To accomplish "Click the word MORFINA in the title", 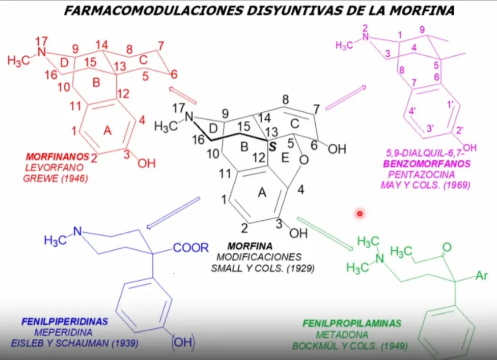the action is (x=422, y=10).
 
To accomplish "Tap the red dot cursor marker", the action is (x=360, y=214).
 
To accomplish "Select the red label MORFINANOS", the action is (x=58, y=156).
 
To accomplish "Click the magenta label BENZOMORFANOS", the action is (x=427, y=164).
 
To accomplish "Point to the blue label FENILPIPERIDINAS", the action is (x=64, y=322).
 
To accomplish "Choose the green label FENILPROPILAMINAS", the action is (x=352, y=323).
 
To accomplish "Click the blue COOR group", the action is (x=191, y=248).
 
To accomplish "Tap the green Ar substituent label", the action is (x=482, y=276).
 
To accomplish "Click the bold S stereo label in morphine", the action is (x=272, y=147).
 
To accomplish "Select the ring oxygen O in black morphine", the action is (x=304, y=160).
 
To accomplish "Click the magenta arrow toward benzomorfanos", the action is (x=346, y=98).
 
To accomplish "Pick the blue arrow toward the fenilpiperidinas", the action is (x=173, y=213).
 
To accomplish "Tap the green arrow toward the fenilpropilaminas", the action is (x=325, y=234).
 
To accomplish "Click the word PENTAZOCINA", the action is (x=422, y=175).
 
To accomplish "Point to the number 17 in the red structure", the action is (x=42, y=41).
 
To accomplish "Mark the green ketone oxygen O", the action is (x=447, y=247).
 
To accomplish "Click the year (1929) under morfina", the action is (x=301, y=268).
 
